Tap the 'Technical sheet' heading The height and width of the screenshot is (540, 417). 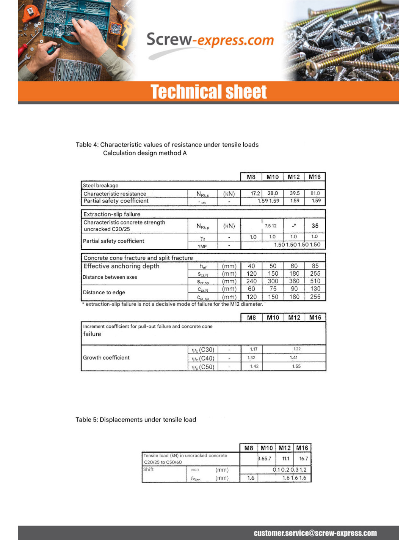pos(208,92)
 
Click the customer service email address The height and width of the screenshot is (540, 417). pos(315,533)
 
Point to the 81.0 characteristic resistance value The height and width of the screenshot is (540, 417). pos(315,193)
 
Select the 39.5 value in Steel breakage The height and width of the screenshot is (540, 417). pos(295,193)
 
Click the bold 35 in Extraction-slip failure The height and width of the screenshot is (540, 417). pos(315,226)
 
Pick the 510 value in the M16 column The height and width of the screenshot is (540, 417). pos(315,281)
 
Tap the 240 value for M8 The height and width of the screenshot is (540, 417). pos(251,281)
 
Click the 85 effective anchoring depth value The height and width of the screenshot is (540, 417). pos(315,266)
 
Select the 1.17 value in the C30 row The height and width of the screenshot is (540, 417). pos(254,349)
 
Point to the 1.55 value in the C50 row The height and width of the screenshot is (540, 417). pos(296,366)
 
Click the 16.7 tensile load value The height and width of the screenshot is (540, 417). pos(304,458)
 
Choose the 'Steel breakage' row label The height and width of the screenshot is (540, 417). pos(100,185)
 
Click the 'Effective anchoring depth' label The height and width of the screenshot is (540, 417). pos(121,266)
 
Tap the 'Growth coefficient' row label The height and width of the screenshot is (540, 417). pos(106,357)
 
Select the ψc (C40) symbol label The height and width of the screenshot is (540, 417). pos(203,358)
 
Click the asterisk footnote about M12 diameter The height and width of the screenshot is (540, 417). pos(172,304)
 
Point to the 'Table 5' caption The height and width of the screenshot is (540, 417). pos(136,420)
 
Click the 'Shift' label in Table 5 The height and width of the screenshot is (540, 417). pos(148,469)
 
